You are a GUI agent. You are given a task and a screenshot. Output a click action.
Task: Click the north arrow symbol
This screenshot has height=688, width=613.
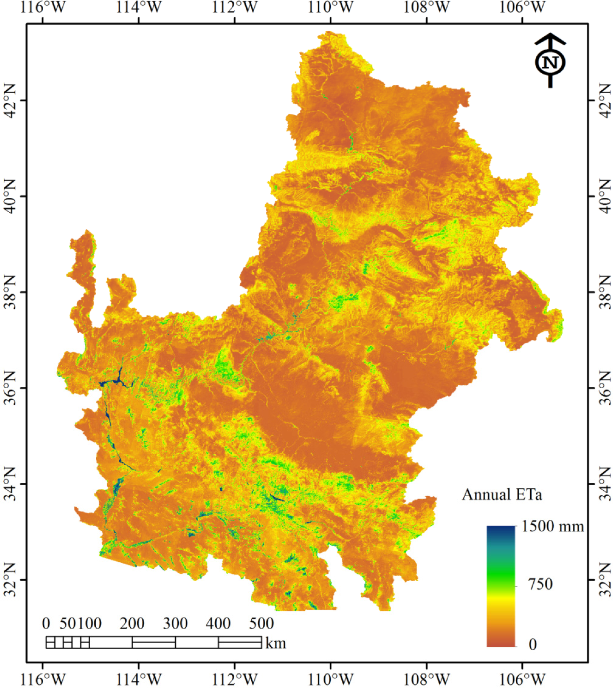click(550, 60)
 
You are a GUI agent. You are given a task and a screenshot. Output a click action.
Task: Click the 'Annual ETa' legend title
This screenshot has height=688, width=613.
click(502, 495)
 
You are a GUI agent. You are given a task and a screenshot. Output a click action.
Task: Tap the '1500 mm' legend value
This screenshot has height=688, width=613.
click(552, 526)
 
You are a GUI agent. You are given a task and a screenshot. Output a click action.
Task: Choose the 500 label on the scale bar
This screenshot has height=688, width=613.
click(261, 623)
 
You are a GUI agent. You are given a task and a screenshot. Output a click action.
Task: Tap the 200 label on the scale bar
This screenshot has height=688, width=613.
click(132, 623)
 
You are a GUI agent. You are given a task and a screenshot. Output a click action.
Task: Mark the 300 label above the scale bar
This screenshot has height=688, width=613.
click(175, 623)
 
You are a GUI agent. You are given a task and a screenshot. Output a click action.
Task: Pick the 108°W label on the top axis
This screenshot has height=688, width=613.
click(426, 7)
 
